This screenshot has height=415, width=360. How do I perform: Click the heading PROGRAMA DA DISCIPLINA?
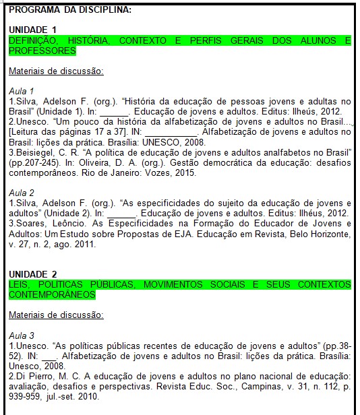61,10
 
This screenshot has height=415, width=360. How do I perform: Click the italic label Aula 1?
22,90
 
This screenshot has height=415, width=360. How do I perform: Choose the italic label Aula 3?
22,335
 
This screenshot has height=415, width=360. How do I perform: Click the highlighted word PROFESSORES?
42,51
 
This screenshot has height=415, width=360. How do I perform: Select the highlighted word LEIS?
20,284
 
